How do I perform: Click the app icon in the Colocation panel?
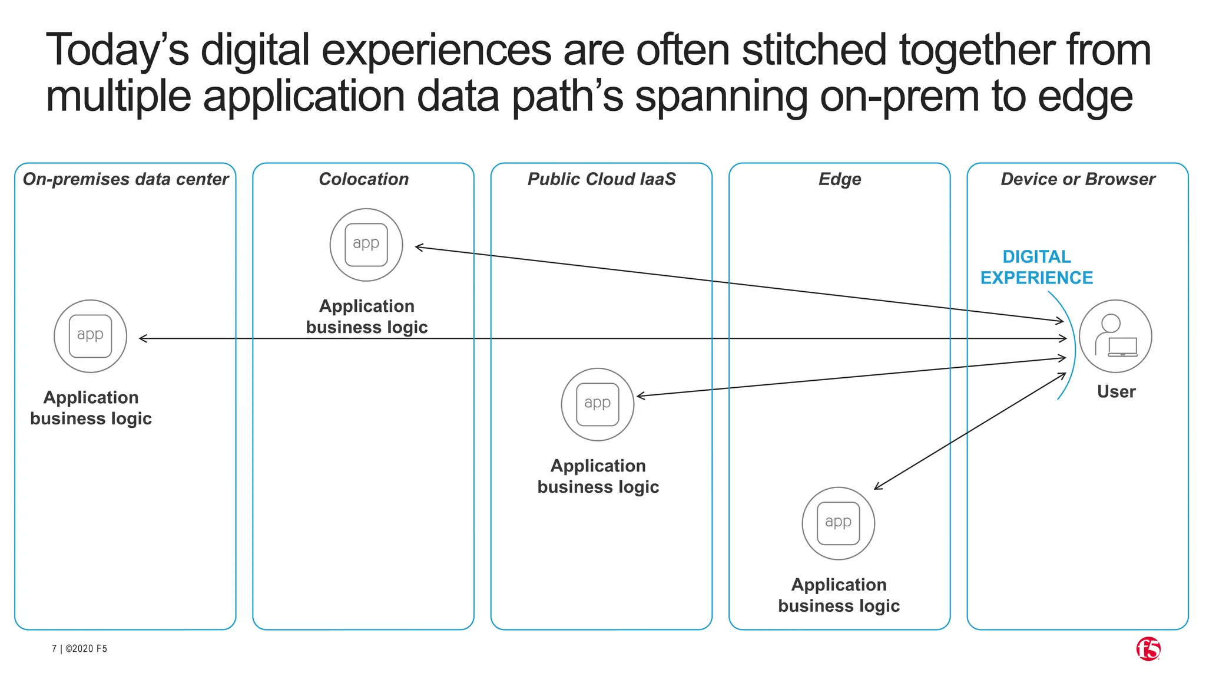coord(366,245)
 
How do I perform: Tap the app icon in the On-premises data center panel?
coord(90,336)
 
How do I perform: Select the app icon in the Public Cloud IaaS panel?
coord(598,404)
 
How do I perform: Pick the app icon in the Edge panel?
coord(839,523)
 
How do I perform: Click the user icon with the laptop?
coord(1115,336)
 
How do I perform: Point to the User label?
coord(1116,392)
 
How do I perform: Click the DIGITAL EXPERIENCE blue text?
coord(1036,267)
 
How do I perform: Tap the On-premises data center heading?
coord(125,179)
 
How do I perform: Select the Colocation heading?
coord(364,179)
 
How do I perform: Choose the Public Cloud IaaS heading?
coord(601,179)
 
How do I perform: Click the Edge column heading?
coord(840,179)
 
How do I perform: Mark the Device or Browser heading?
coord(1078,179)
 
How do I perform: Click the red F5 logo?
coord(1148,648)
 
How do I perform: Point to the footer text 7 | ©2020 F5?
coord(79,648)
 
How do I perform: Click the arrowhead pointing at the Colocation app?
coord(419,248)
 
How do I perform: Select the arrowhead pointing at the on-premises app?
coord(143,338)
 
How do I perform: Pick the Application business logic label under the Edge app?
coord(839,595)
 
